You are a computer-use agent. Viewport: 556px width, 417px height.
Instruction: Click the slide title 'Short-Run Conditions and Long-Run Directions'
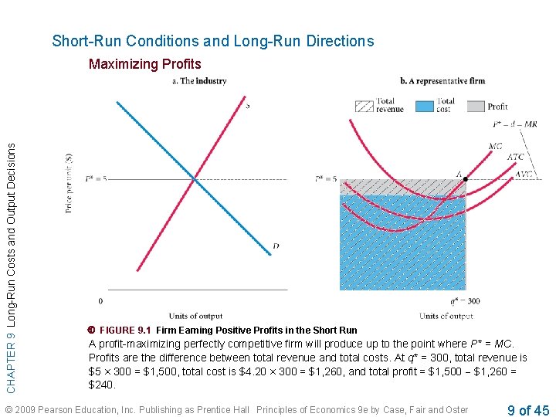(212, 42)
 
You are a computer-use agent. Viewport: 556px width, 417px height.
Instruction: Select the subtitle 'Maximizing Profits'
(144, 64)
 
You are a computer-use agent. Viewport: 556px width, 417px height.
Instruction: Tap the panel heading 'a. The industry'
(198, 81)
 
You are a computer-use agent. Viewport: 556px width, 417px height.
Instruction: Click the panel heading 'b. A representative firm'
(442, 81)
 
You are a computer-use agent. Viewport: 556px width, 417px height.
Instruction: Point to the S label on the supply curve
(246, 105)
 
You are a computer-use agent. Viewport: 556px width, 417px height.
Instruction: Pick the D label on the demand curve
(276, 247)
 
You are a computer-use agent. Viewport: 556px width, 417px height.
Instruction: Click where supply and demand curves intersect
(195, 179)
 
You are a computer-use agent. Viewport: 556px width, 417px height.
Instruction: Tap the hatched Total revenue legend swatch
(364, 106)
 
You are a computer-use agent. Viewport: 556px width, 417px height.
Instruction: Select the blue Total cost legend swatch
(424, 106)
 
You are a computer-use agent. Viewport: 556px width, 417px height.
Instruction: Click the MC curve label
(497, 146)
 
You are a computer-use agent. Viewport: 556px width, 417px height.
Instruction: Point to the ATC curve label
(515, 158)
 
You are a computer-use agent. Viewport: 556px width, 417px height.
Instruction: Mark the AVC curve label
(523, 175)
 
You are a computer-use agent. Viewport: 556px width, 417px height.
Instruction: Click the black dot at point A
(465, 179)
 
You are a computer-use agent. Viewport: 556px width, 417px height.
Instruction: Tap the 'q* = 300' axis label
(465, 300)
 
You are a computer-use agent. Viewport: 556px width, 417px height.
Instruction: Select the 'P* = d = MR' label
(514, 124)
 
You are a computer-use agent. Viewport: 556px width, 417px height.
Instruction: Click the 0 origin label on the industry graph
(100, 300)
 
